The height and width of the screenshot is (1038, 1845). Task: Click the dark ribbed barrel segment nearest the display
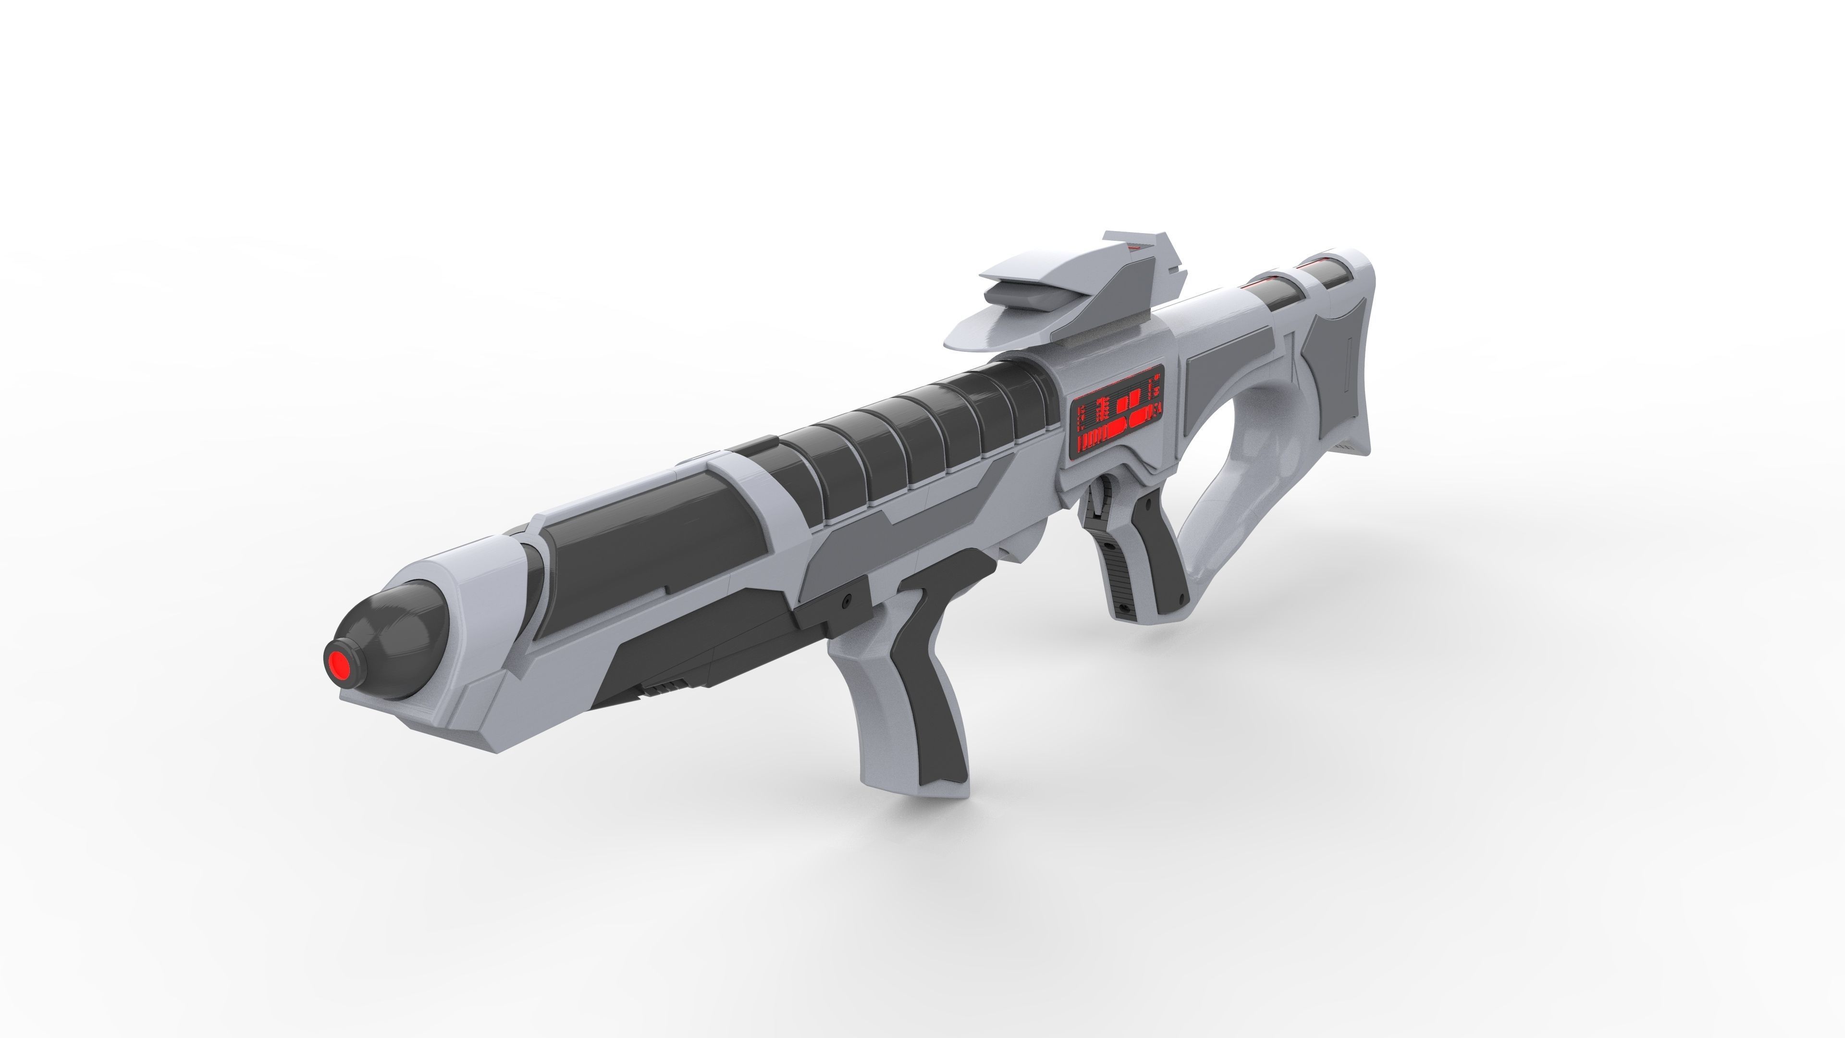[1032, 408]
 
